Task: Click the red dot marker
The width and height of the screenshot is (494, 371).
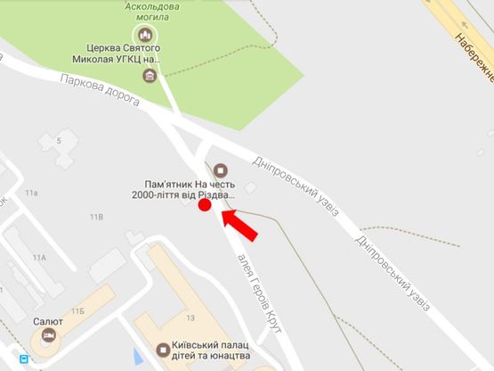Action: [x=204, y=205]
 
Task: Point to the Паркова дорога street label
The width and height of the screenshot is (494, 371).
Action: [x=101, y=91]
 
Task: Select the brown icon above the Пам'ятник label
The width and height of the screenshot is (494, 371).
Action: [x=220, y=169]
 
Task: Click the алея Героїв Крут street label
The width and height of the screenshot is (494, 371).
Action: [x=259, y=293]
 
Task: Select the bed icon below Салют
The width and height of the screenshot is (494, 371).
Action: [x=48, y=335]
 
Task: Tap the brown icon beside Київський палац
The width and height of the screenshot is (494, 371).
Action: [x=162, y=350]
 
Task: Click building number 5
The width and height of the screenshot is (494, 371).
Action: [x=60, y=141]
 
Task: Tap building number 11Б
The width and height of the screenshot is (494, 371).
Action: [x=78, y=310]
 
